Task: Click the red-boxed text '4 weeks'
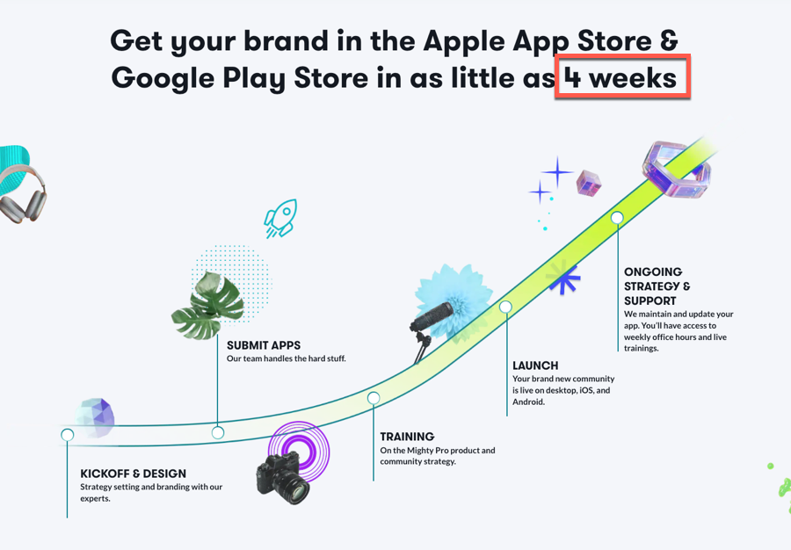coord(620,78)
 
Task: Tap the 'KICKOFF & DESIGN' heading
coord(134,474)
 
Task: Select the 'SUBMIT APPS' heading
coord(264,345)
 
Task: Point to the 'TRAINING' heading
coord(407,437)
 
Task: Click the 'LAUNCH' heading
coord(535,365)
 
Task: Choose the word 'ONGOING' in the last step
coord(653,271)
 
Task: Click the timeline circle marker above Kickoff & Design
coord(67,435)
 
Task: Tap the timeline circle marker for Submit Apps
coord(218,432)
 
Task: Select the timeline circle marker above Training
coord(374,398)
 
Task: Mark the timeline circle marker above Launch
coord(505,307)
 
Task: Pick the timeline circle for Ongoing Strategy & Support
coord(617,218)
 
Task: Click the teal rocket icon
coord(281,218)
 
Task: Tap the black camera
coord(282,477)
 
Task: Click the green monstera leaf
coord(207,305)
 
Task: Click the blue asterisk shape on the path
coord(563,277)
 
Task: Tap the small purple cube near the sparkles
coord(589,183)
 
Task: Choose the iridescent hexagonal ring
coord(677,169)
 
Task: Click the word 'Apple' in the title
coord(464,41)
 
